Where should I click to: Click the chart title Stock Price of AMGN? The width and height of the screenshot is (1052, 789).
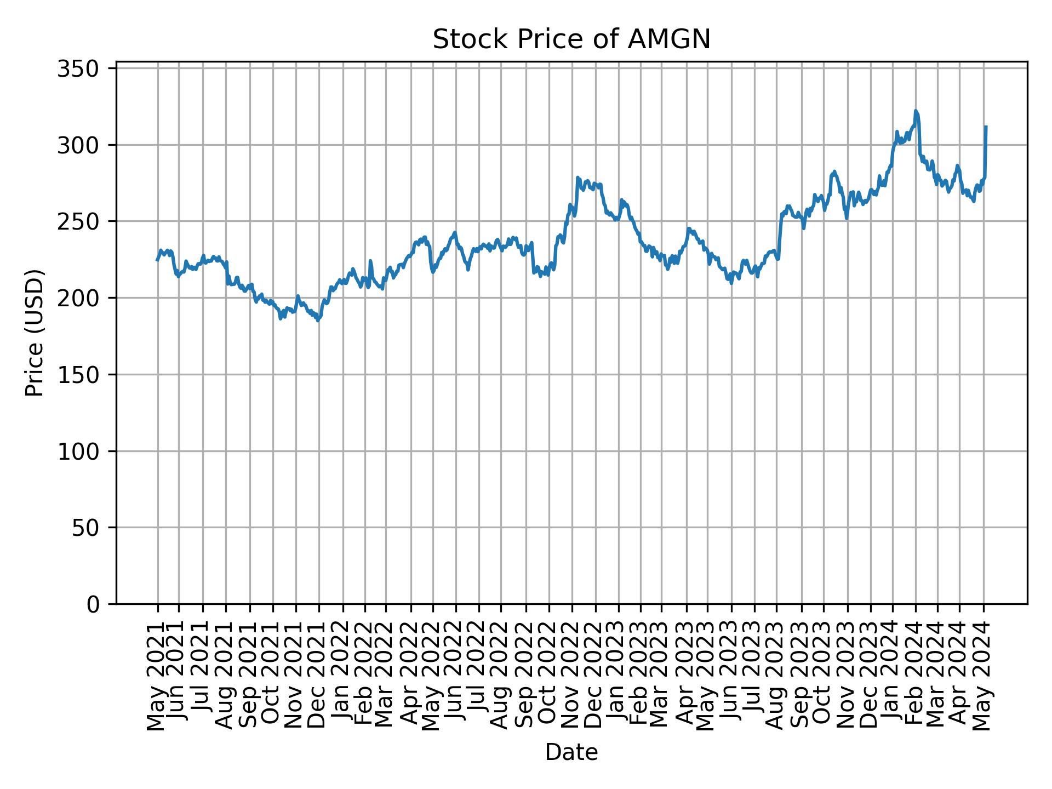click(571, 39)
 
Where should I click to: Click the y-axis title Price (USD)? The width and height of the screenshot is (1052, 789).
click(35, 333)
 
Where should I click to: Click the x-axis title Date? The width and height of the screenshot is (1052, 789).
click(571, 753)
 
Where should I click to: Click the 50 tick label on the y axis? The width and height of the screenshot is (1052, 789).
click(92, 528)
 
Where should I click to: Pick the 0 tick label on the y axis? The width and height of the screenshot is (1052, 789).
click(99, 604)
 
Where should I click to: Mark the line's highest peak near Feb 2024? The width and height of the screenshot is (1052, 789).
click(916, 111)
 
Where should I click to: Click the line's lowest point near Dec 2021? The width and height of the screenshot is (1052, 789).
click(318, 321)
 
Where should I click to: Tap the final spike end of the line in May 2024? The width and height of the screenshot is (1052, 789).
click(986, 127)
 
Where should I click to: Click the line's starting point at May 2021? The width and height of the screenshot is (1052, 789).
click(157, 260)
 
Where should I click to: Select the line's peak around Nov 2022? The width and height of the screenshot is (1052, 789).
click(578, 178)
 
